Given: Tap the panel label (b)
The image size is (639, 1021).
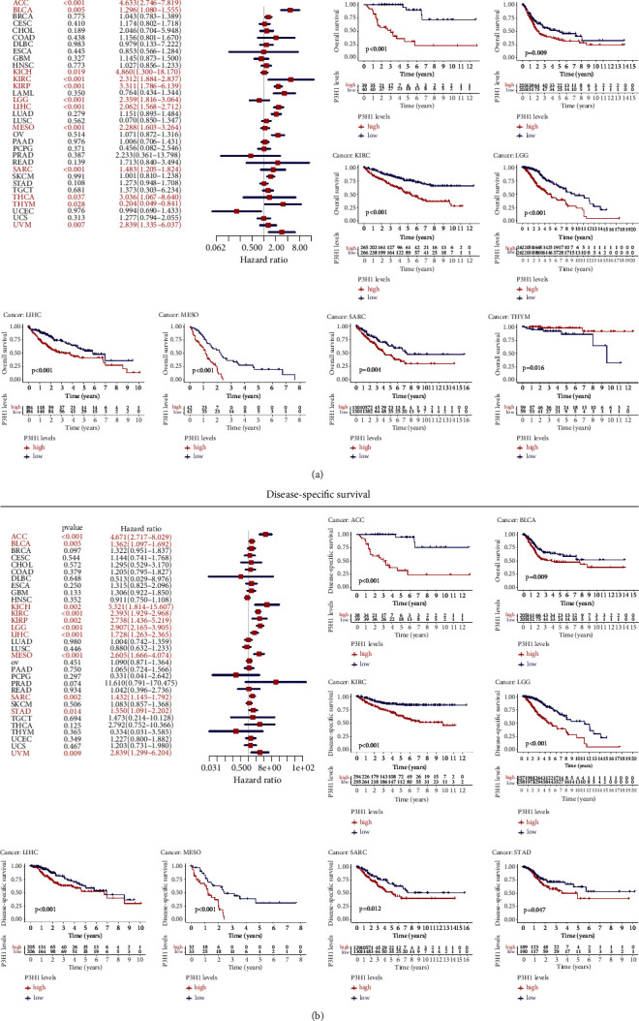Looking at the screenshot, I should point(319,1011).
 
